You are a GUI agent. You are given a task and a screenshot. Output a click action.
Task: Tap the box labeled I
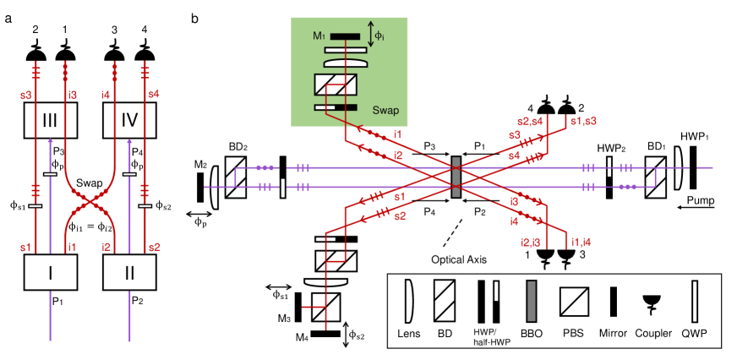(50, 272)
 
